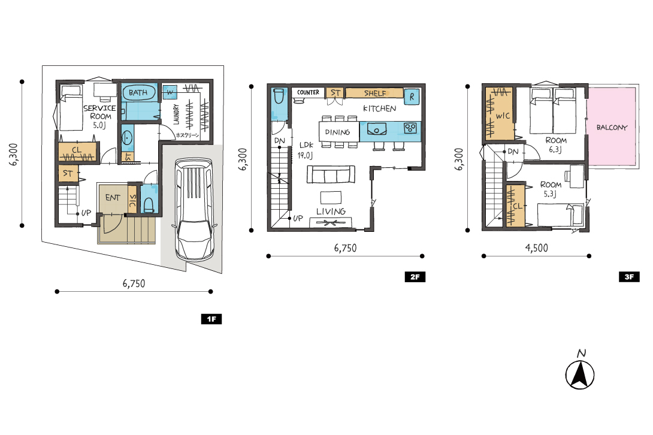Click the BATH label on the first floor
138,92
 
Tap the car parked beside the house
195,210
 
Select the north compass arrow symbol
580,374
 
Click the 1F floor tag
211,319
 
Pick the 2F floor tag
415,277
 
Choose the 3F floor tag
629,277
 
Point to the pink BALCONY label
611,128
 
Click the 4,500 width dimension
536,248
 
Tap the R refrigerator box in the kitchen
412,96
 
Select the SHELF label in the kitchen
375,93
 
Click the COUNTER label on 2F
308,92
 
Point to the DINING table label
337,132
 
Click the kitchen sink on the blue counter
376,129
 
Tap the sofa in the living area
331,174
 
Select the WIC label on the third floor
503,116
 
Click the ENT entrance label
113,198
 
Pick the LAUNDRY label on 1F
176,114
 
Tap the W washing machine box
170,92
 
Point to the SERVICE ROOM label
99,112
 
